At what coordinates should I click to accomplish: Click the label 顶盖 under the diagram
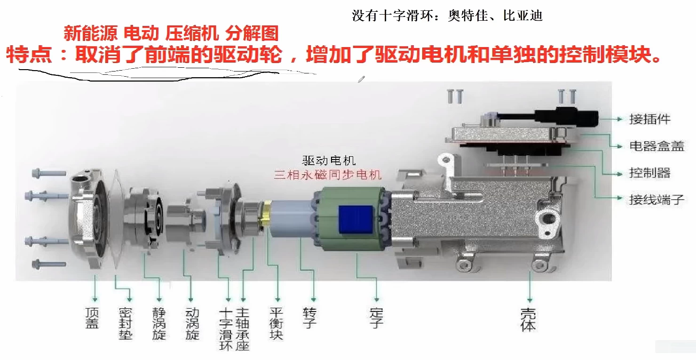[92, 318]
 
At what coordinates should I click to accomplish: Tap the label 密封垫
[126, 324]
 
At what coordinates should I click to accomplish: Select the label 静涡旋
[159, 324]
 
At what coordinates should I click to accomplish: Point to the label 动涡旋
[192, 324]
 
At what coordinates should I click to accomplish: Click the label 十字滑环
[226, 329]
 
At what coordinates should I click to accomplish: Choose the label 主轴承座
[243, 329]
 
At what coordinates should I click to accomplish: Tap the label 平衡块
[277, 324]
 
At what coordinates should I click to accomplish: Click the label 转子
[310, 318]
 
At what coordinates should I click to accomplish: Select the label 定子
[376, 318]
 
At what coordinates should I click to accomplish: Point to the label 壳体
[529, 320]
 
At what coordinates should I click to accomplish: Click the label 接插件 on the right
[650, 119]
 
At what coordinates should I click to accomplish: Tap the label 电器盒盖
[656, 146]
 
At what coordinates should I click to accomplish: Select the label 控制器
[650, 173]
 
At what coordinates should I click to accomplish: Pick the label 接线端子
[656, 200]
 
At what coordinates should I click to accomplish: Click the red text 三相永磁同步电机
[328, 175]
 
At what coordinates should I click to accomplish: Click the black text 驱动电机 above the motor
[329, 160]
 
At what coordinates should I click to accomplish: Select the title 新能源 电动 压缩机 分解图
[171, 33]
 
